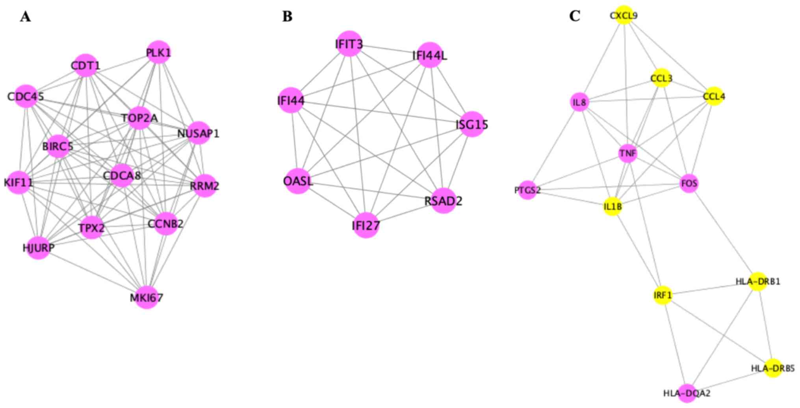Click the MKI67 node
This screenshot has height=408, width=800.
147,297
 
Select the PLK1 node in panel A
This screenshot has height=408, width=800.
158,52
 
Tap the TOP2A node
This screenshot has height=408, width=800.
139,118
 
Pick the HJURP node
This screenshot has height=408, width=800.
38,247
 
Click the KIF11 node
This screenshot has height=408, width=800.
19,183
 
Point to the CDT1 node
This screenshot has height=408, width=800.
85,65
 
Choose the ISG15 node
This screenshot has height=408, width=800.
471,124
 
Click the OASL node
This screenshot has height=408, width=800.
298,181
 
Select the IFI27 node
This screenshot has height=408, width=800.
366,225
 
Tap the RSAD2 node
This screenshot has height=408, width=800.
443,201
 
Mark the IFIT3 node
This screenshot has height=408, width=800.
349,44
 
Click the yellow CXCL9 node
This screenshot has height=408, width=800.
624,15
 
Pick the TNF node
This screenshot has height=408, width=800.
627,153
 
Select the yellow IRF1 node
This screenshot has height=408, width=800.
663,295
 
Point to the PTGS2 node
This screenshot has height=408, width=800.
527,190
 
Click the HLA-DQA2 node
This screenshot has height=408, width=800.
687,393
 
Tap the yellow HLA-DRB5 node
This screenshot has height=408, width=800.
773,368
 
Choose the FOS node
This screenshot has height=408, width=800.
689,183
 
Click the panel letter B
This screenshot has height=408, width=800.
287,17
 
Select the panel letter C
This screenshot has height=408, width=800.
574,16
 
